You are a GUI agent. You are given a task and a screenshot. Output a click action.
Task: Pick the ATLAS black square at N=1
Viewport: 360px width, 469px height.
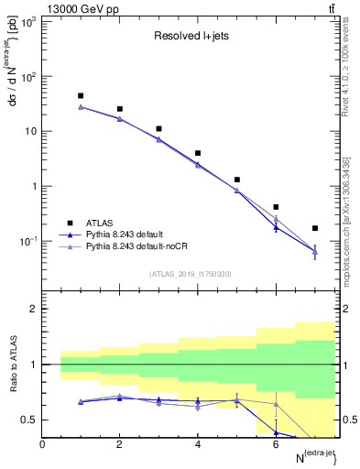tap(81, 95)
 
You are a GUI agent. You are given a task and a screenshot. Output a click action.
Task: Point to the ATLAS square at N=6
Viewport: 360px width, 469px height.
tap(276, 207)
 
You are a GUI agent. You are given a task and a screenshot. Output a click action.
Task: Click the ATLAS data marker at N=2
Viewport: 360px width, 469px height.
tap(120, 109)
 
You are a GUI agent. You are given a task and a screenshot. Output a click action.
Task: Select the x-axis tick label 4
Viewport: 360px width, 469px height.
tap(198, 445)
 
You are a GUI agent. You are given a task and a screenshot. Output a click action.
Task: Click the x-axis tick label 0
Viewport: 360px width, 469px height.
tap(42, 445)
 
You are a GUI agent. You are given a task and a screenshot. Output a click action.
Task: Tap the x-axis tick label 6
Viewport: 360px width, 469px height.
tap(276, 445)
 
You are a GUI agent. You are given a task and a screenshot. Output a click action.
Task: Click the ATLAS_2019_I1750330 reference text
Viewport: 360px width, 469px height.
tap(191, 274)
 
